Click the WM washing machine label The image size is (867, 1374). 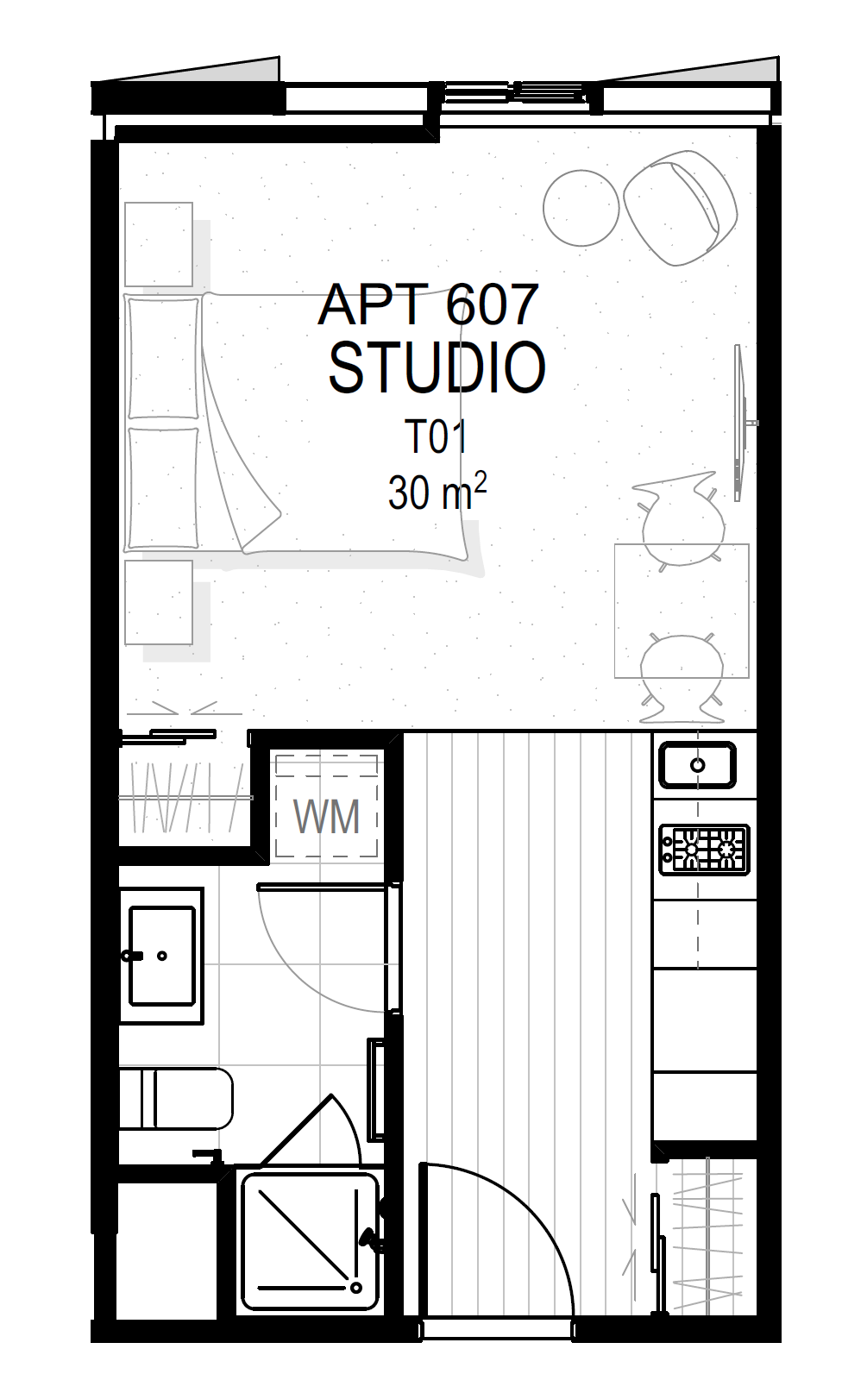[326, 817]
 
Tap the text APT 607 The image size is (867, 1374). [429, 304]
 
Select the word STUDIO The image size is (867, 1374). [437, 368]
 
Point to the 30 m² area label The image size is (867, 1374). [437, 492]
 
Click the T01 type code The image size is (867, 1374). [437, 436]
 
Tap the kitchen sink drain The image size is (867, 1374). [698, 765]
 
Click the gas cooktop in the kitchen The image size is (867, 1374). [705, 850]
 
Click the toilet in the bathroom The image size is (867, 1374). [176, 1099]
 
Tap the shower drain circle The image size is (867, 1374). [356, 1287]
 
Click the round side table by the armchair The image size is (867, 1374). [581, 208]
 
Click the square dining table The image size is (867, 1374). [682, 611]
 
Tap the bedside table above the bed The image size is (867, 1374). [159, 244]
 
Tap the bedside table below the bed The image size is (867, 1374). [159, 602]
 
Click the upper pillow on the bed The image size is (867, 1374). [164, 359]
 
